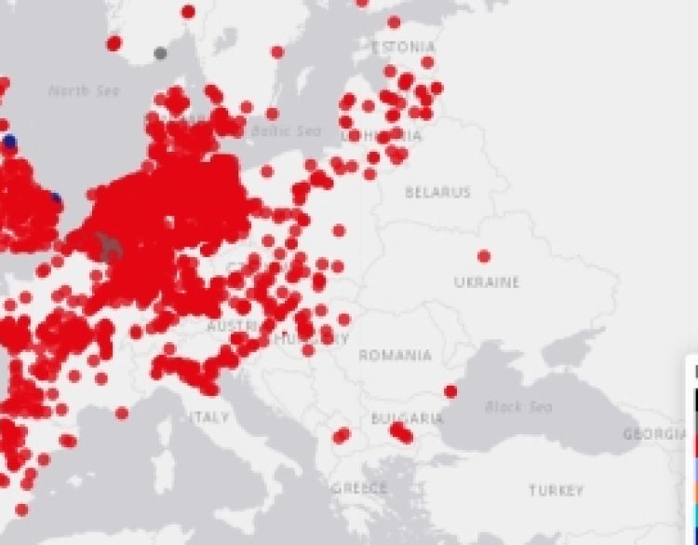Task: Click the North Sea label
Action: pyautogui.click(x=84, y=90)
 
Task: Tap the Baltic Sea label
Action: pyautogui.click(x=288, y=131)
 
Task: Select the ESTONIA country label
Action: pyautogui.click(x=403, y=47)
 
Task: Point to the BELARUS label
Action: pyautogui.click(x=437, y=193)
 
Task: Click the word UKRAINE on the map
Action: pyautogui.click(x=487, y=282)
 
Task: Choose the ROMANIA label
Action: pyautogui.click(x=396, y=355)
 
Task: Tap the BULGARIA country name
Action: pyautogui.click(x=407, y=418)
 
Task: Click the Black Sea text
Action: pyautogui.click(x=518, y=407)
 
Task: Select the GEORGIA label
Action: pyautogui.click(x=656, y=434)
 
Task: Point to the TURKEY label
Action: pyautogui.click(x=556, y=490)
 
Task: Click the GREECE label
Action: pyautogui.click(x=359, y=488)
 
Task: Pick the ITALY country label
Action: pyautogui.click(x=209, y=416)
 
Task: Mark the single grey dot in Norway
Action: pyautogui.click(x=161, y=53)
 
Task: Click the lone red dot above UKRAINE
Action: pyautogui.click(x=484, y=256)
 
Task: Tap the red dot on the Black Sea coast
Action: pyautogui.click(x=451, y=391)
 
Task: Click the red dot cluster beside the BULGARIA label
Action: pyautogui.click(x=400, y=431)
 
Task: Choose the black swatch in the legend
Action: pyautogui.click(x=694, y=402)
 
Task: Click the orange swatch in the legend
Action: pyautogui.click(x=694, y=491)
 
